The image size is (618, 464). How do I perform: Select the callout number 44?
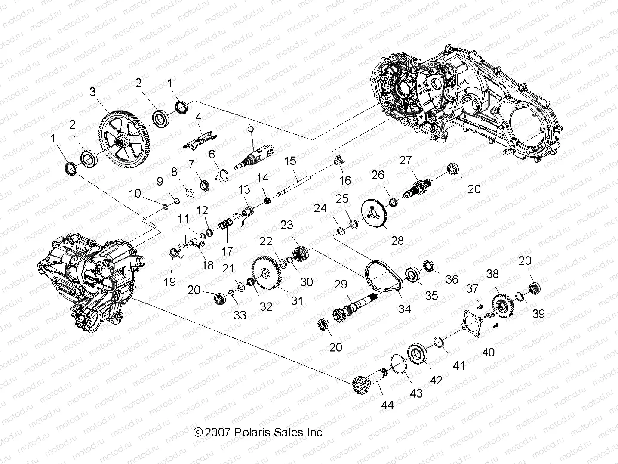tap(387, 405)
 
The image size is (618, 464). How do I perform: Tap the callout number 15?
tap(290, 161)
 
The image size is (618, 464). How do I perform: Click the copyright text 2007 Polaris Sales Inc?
tap(259, 432)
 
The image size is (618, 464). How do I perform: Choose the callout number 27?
tap(405, 160)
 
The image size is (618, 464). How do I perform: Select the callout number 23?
tap(286, 225)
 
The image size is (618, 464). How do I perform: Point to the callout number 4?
tap(198, 117)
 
